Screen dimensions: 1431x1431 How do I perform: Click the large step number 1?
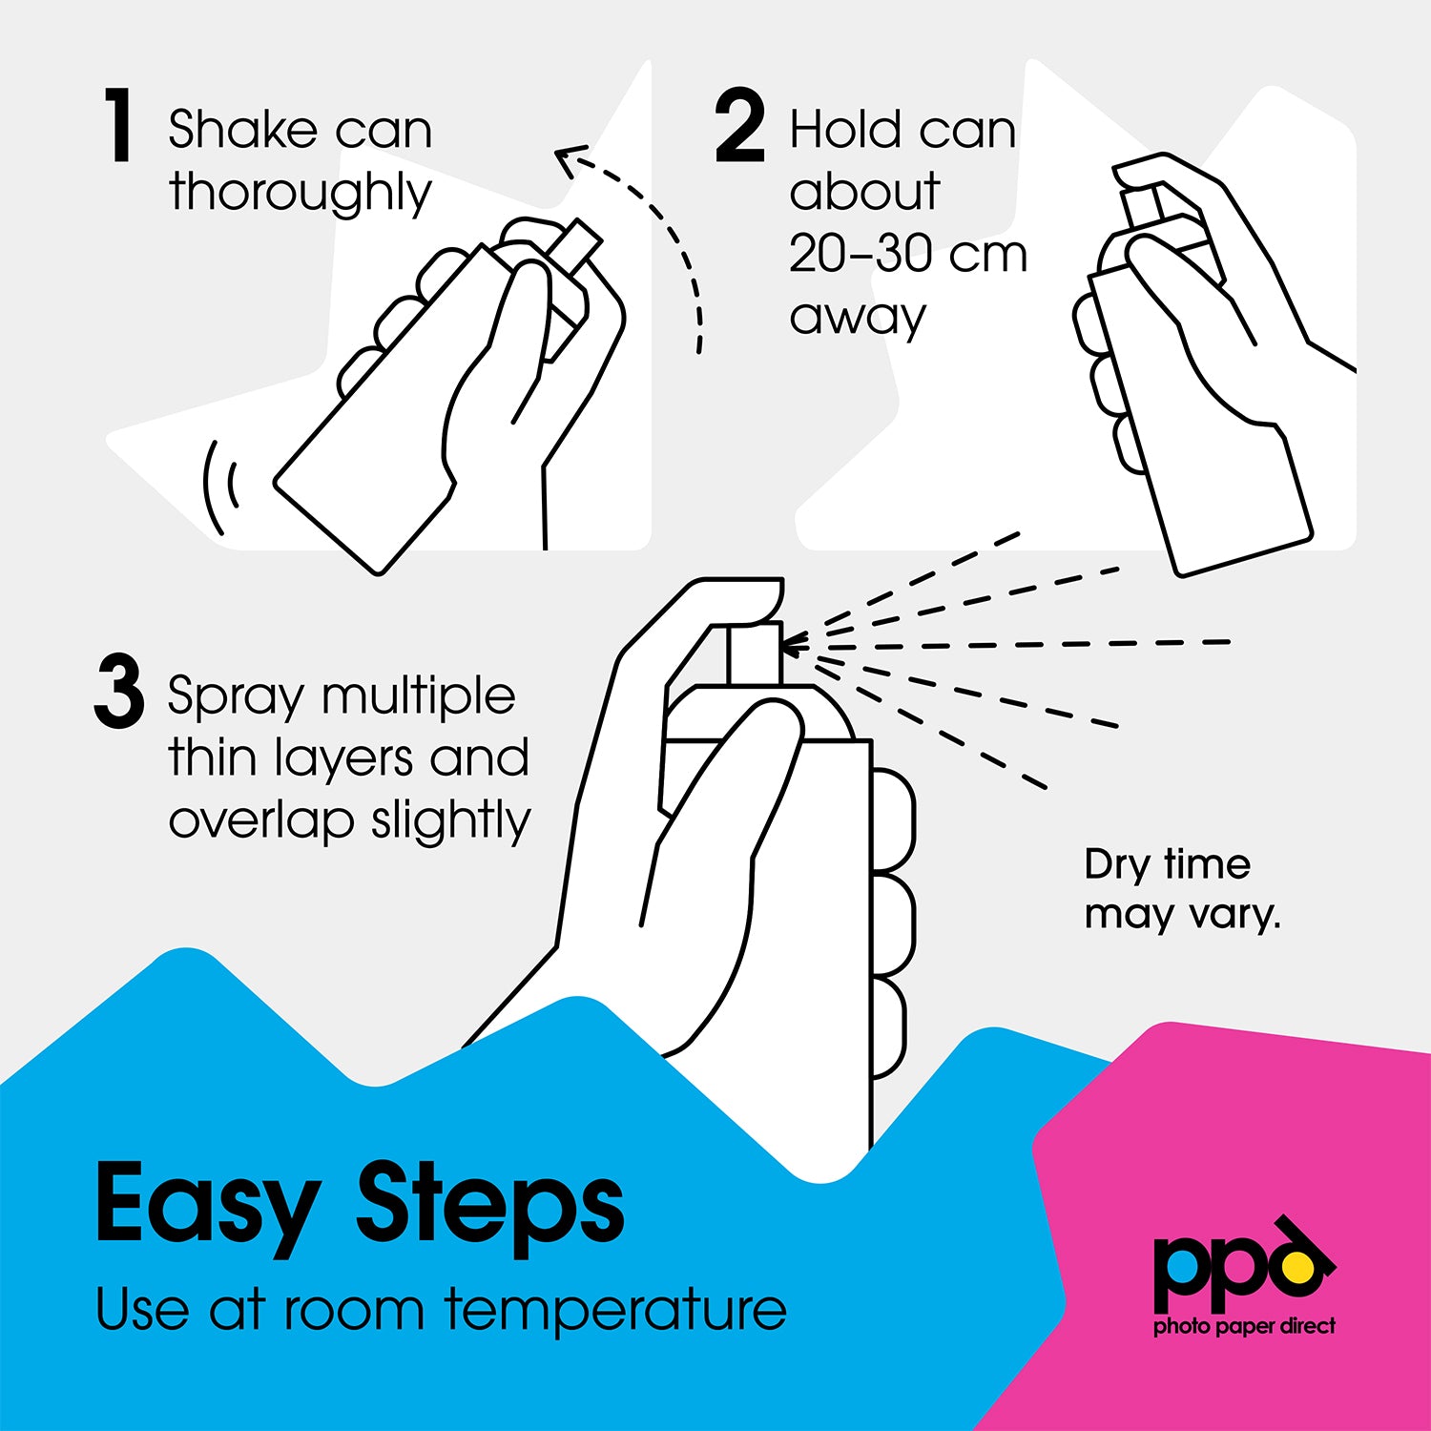point(118,125)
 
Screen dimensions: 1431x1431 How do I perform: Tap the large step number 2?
point(739,125)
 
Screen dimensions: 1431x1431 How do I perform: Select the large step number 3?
point(119,692)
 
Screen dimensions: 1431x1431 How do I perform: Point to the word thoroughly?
point(301,194)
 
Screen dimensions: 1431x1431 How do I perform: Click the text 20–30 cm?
point(908,254)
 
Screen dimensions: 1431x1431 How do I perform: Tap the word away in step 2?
point(858,318)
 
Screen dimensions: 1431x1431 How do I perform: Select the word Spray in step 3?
point(235,699)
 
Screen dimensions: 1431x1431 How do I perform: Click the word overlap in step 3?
point(260,820)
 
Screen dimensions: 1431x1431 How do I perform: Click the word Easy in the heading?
point(208,1205)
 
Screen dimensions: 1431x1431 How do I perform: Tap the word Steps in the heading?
point(490,1205)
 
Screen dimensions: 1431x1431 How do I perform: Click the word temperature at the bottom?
point(616,1310)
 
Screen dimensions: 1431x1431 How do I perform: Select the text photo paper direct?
point(1244,1326)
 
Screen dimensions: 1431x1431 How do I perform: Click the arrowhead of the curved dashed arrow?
point(570,160)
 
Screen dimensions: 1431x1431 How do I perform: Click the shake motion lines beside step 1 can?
point(220,487)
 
